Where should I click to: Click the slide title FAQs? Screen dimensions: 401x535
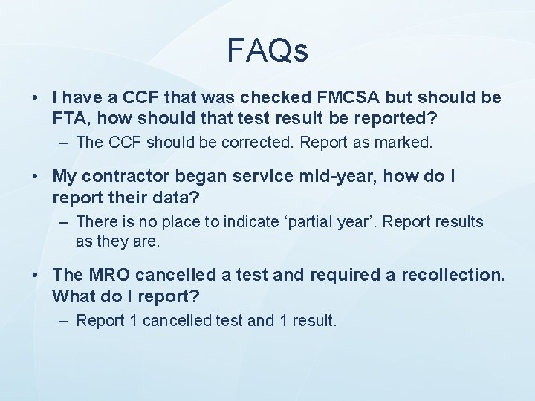tap(267, 50)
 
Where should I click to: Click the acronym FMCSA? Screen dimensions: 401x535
tap(328, 98)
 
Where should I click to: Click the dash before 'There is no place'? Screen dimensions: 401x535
tap(65, 222)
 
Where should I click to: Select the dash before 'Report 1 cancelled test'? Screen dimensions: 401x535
tap(65, 321)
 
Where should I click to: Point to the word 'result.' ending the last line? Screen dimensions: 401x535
tap(317, 321)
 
